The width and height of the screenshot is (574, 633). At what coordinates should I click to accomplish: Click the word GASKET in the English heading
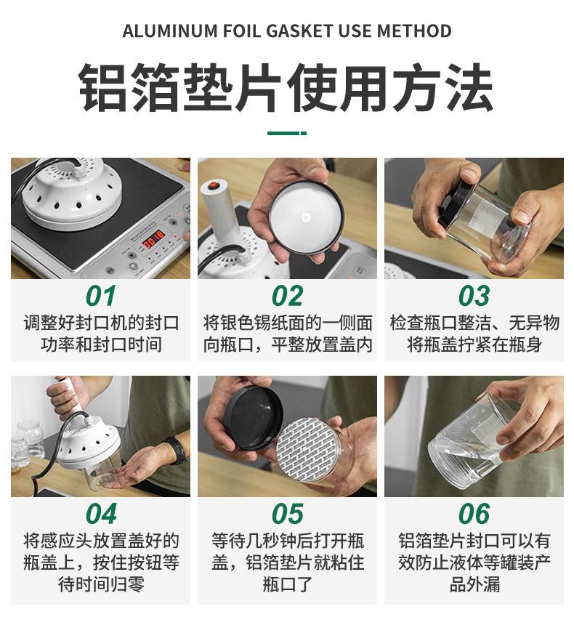coord(300,31)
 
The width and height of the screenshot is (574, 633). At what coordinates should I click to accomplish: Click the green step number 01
coord(100,296)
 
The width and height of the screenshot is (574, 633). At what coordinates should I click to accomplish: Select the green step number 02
coord(287,296)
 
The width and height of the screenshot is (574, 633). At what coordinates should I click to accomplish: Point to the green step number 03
coord(474,296)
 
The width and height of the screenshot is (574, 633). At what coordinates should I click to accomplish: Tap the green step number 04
coord(100,514)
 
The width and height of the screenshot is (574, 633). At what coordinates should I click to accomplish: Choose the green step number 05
coord(287,514)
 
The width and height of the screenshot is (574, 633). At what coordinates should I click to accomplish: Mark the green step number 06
coord(474,514)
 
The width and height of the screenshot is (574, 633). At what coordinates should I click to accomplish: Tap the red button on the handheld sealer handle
coord(214,186)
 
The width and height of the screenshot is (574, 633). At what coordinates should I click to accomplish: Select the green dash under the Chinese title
coord(286,133)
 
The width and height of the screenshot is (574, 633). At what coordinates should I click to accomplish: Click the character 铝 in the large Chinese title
coord(102,88)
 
